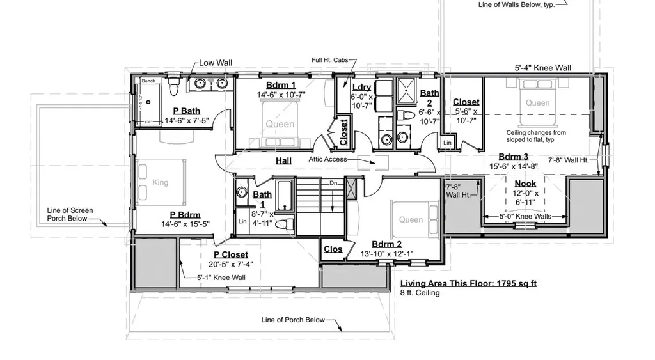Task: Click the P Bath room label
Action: (182, 111)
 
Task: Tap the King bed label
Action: (160, 182)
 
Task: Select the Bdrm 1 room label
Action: (281, 85)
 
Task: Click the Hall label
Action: (283, 160)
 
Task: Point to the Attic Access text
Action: (327, 159)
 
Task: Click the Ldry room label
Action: (361, 87)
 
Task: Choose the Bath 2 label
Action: (430, 97)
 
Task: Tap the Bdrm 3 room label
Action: (513, 157)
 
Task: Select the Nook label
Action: (525, 184)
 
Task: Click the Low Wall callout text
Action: (216, 63)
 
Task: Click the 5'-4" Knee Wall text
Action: (543, 67)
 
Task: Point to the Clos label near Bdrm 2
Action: (333, 249)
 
